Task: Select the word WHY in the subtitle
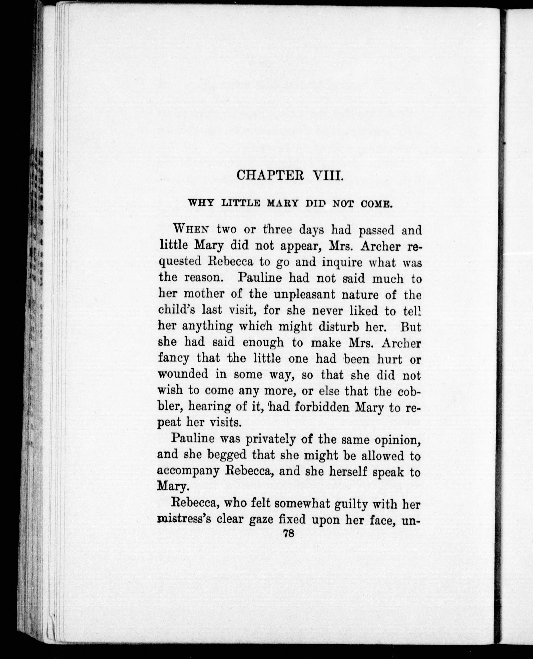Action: pos(201,203)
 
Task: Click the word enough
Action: pos(263,343)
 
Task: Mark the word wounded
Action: pos(183,374)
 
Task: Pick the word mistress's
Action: pos(184,520)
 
